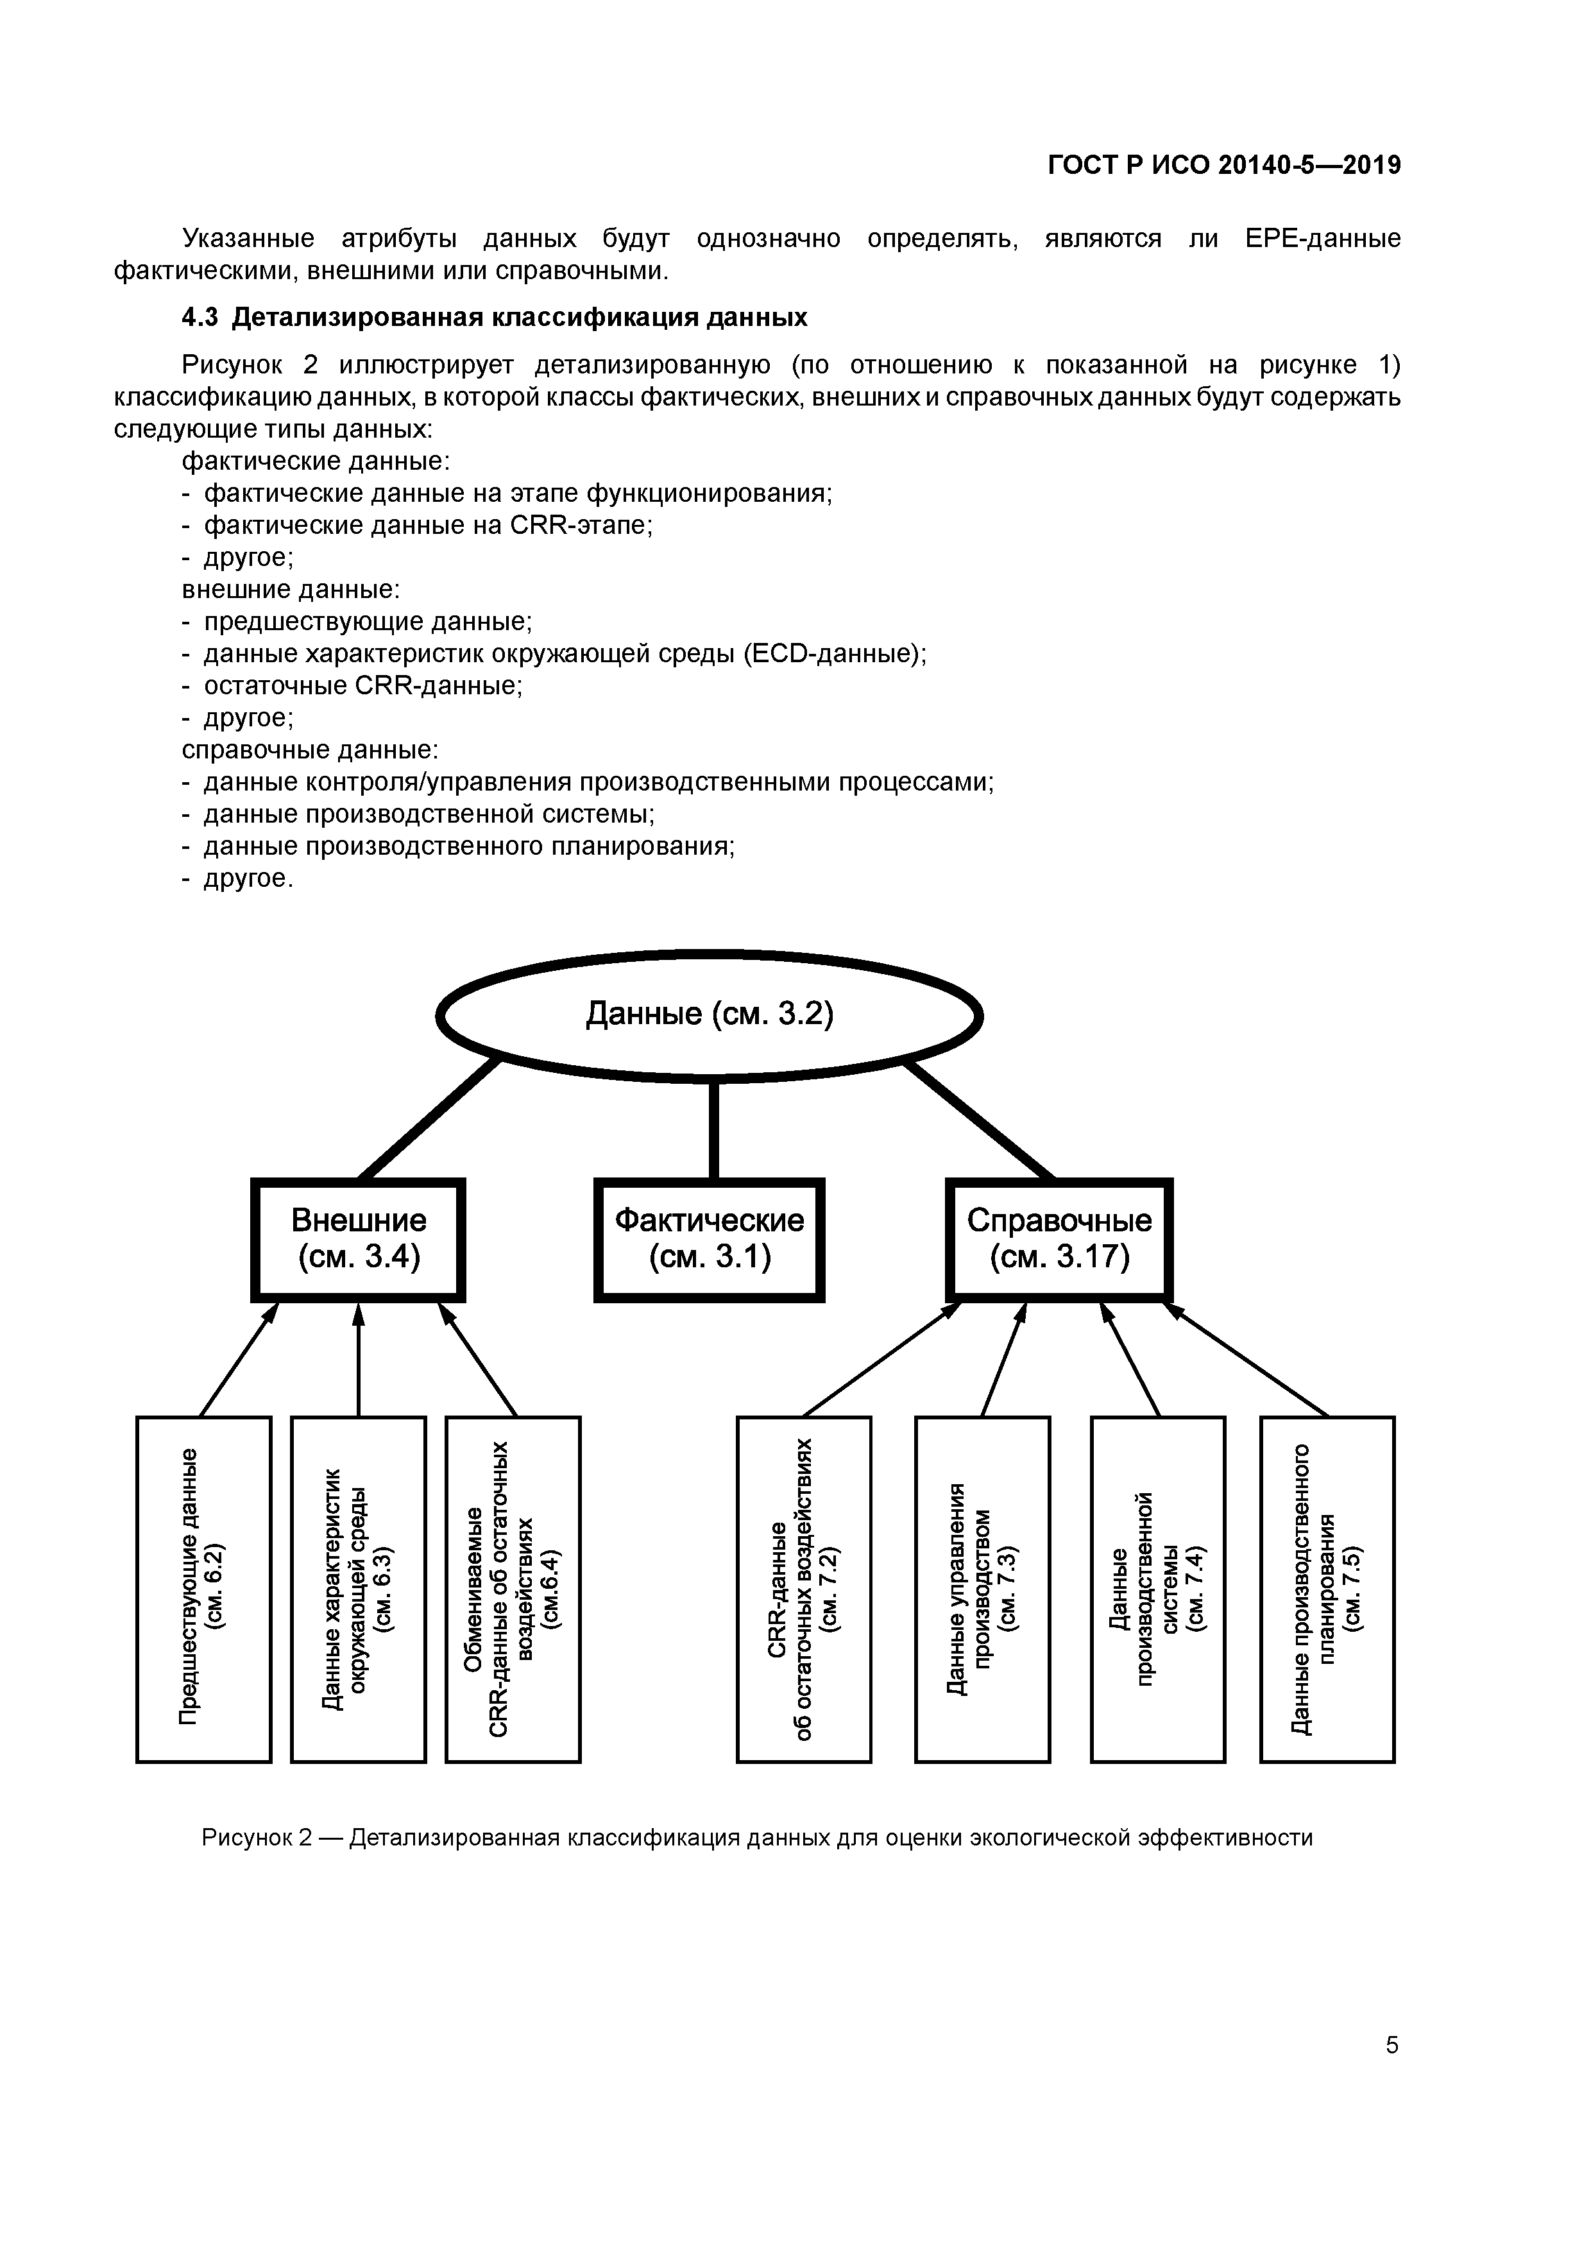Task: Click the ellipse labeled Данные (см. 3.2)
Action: (x=709, y=1014)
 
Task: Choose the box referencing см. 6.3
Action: (x=358, y=1588)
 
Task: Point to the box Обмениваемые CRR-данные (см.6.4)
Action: (x=513, y=1588)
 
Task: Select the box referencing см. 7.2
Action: (x=804, y=1588)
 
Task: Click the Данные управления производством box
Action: (x=982, y=1588)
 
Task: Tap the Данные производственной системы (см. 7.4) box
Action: (x=1158, y=1588)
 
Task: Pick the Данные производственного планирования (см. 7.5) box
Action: (x=1327, y=1588)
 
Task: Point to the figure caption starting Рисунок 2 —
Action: (x=757, y=1837)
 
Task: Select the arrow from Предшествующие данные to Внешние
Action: (x=238, y=1359)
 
